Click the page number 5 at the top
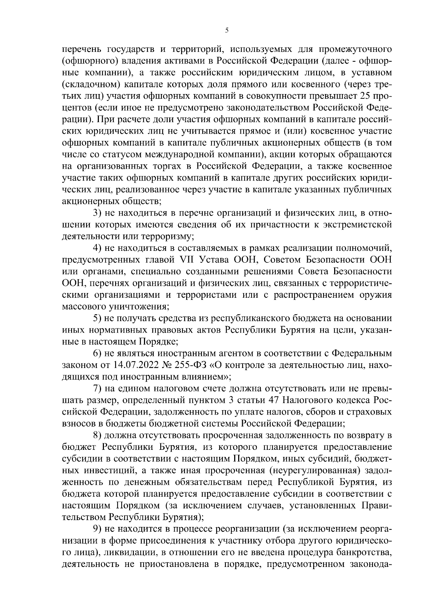coord(227,31)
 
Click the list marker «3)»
coord(97,213)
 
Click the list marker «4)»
coord(97,249)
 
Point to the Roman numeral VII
coord(187,261)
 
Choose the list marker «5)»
coord(97,319)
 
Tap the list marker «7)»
coord(97,390)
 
